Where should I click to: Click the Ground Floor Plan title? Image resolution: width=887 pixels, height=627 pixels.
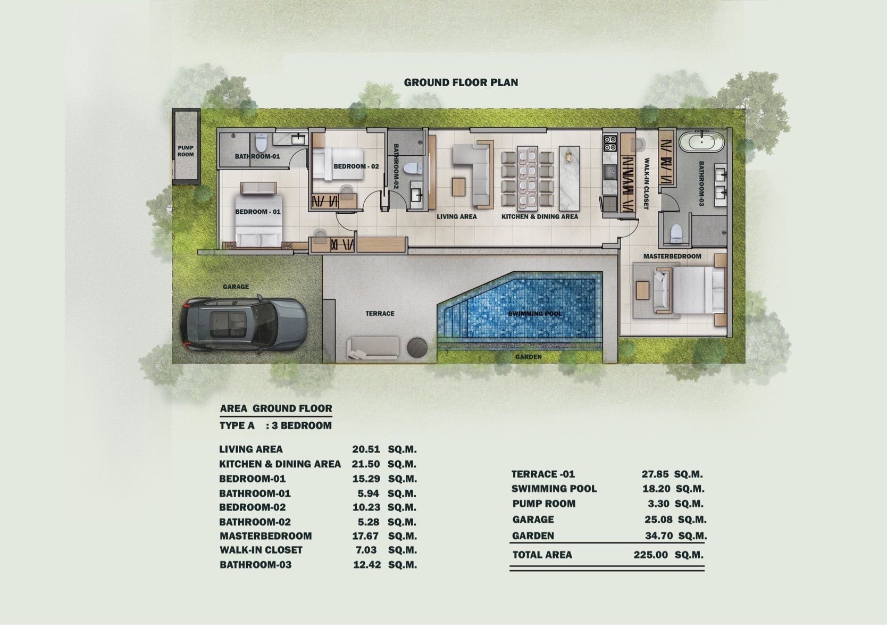[x=461, y=82]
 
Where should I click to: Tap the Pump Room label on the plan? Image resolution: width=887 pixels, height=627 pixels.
[x=185, y=151]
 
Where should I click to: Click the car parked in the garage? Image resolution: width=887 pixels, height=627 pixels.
[x=242, y=323]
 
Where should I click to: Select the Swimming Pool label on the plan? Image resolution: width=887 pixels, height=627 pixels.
[x=535, y=314]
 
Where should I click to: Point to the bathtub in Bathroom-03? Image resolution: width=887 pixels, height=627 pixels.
[x=702, y=142]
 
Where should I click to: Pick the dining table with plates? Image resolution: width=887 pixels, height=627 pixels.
[x=527, y=178]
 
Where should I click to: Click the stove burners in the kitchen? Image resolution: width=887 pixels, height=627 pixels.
[x=610, y=143]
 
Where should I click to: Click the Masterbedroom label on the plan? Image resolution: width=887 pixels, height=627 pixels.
[x=672, y=256]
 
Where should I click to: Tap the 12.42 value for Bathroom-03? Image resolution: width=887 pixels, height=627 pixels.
[x=367, y=565]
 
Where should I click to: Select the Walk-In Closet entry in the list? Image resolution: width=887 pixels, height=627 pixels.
[x=261, y=550]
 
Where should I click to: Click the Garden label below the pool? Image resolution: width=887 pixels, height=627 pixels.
[x=528, y=357]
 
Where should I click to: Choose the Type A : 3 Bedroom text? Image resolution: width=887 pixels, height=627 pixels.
[x=275, y=426]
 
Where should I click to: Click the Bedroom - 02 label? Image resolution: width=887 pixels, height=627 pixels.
[x=356, y=166]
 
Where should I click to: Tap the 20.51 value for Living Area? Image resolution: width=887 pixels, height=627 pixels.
[x=366, y=449]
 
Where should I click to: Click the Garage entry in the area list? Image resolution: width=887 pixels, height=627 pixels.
[x=533, y=519]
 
